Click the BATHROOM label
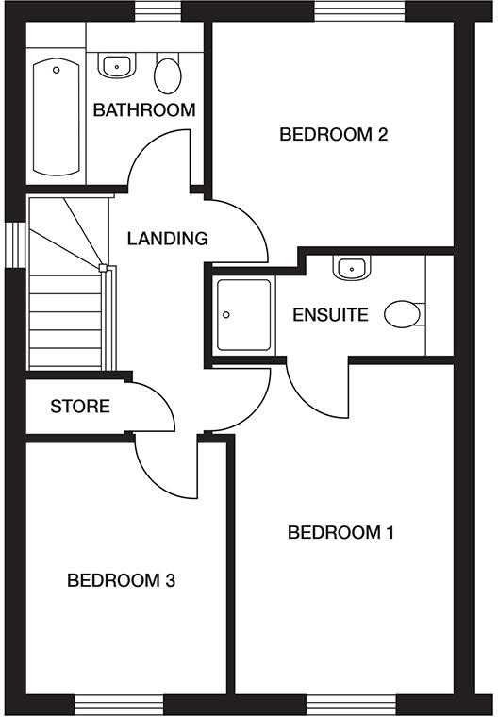click(x=144, y=109)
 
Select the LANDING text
click(x=167, y=238)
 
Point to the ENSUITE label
click(x=330, y=315)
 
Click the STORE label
click(x=80, y=408)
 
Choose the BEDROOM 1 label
click(x=340, y=532)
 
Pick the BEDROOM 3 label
click(x=121, y=580)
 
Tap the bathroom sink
click(x=116, y=65)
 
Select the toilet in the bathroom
click(x=168, y=73)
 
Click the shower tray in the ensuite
click(x=241, y=315)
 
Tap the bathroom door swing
click(x=158, y=158)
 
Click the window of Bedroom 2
click(x=358, y=11)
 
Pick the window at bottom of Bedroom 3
click(x=119, y=705)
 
